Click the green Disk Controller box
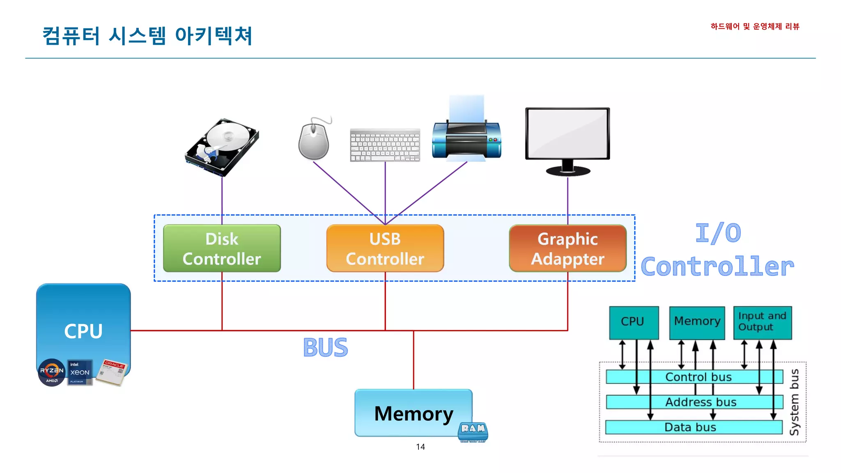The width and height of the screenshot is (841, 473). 222,248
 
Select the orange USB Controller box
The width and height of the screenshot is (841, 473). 385,248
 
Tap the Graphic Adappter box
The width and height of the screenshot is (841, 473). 568,248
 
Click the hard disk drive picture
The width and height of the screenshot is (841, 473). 222,147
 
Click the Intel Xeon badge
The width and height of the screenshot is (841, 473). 80,372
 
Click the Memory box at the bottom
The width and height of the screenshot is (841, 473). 413,413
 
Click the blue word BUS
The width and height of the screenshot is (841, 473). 325,348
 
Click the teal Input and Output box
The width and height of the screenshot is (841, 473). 762,322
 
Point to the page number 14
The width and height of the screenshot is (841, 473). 420,447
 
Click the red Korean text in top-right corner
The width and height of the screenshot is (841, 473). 755,27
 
